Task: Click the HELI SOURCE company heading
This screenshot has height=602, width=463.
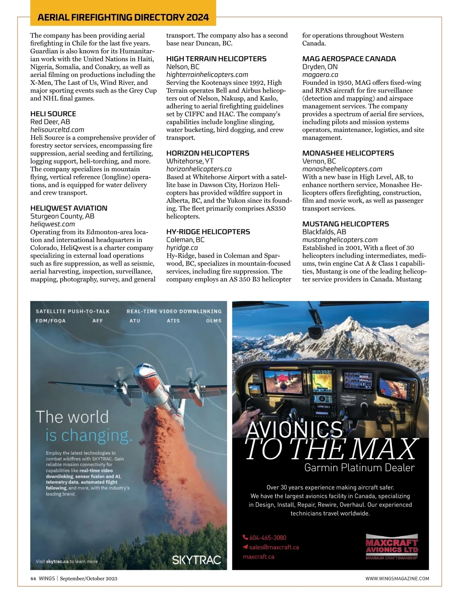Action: coord(53,114)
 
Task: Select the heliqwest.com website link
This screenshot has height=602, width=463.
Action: coord(52,224)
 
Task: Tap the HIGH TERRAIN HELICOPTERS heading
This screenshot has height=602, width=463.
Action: coord(216,59)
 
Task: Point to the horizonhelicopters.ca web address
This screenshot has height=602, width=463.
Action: coord(199,169)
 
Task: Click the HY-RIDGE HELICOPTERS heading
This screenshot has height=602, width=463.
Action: coord(208,232)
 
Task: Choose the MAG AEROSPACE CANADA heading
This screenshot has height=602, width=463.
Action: coord(349,59)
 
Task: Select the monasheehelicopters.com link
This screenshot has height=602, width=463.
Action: coord(342,169)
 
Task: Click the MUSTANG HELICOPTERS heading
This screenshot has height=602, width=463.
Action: coord(345,224)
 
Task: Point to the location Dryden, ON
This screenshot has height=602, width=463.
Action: coord(319,67)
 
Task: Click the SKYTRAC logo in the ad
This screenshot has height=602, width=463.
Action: coord(196,560)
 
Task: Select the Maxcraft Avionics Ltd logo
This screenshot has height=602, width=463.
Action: coord(391,546)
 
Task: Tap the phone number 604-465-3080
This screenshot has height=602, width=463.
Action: coord(267,538)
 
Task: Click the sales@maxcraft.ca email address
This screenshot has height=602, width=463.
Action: coord(274,547)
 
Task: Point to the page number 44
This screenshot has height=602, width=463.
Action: coord(33,578)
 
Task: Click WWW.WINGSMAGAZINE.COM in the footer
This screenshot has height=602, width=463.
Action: coord(397,578)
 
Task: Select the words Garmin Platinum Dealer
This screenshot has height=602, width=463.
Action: coord(359,468)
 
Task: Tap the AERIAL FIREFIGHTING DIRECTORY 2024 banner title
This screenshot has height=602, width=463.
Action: coord(123,17)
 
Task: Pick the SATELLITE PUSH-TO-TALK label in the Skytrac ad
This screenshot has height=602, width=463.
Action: coord(73,311)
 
